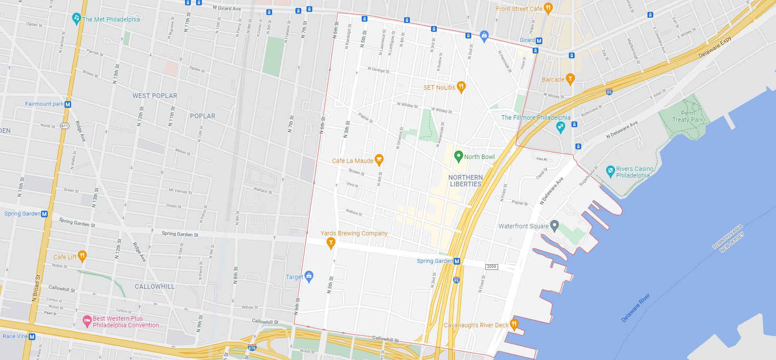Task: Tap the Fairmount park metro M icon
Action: tap(68, 105)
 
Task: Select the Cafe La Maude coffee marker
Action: tap(379, 159)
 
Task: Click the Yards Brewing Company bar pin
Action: tap(330, 242)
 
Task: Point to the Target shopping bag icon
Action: tap(309, 277)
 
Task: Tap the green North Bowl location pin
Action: tap(458, 156)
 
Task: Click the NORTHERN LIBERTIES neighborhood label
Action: tap(466, 181)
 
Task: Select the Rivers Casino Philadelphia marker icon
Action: tap(610, 170)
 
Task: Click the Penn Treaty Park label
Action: tap(687, 117)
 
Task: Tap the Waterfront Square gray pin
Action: tap(555, 226)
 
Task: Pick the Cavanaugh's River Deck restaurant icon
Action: tap(514, 324)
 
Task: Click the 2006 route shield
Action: tap(491, 267)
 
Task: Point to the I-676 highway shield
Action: tap(252, 348)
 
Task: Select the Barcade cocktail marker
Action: tap(570, 79)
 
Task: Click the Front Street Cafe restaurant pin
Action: tap(548, 8)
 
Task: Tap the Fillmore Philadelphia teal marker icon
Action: tap(560, 127)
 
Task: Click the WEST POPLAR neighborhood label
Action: tap(155, 96)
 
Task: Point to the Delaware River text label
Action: tap(636, 308)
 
